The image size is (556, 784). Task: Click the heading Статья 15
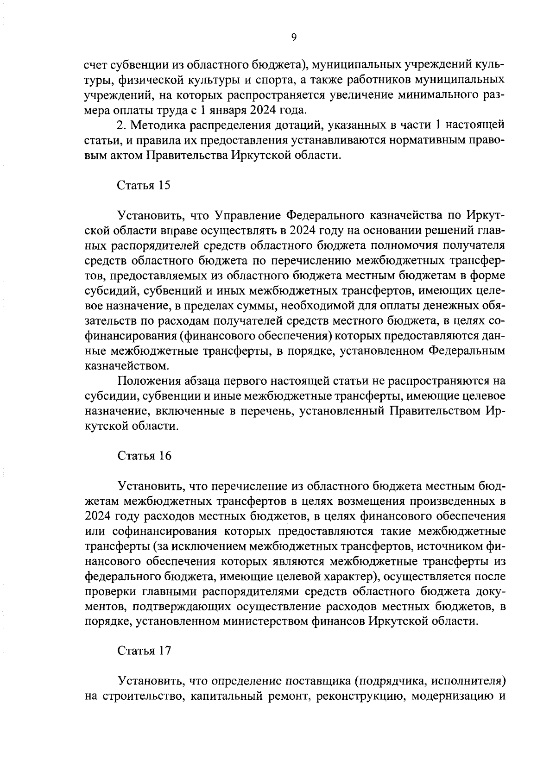(x=144, y=186)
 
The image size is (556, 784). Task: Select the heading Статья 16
(x=144, y=456)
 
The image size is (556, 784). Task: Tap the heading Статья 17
(x=144, y=651)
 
